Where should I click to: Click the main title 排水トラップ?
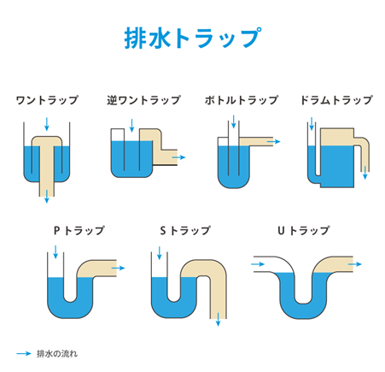191,39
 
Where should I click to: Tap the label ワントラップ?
47,100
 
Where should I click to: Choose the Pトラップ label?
79,231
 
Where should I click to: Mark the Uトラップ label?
303,231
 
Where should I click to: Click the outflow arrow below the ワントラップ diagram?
47,198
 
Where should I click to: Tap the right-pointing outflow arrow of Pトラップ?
119,268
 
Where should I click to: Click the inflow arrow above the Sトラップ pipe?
160,253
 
